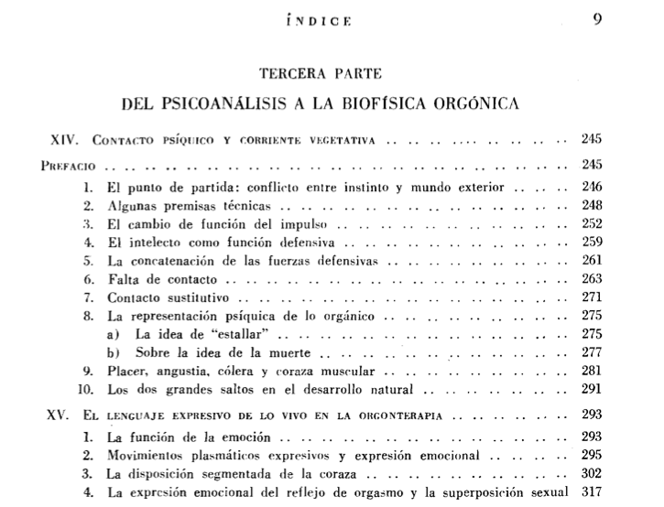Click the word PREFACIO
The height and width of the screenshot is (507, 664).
coord(71,168)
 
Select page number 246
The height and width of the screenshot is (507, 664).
coord(591,186)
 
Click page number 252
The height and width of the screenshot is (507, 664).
coord(591,225)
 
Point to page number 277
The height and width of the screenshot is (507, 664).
coord(591,352)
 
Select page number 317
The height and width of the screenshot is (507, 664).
coord(591,491)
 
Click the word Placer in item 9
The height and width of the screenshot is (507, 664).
coord(124,371)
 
